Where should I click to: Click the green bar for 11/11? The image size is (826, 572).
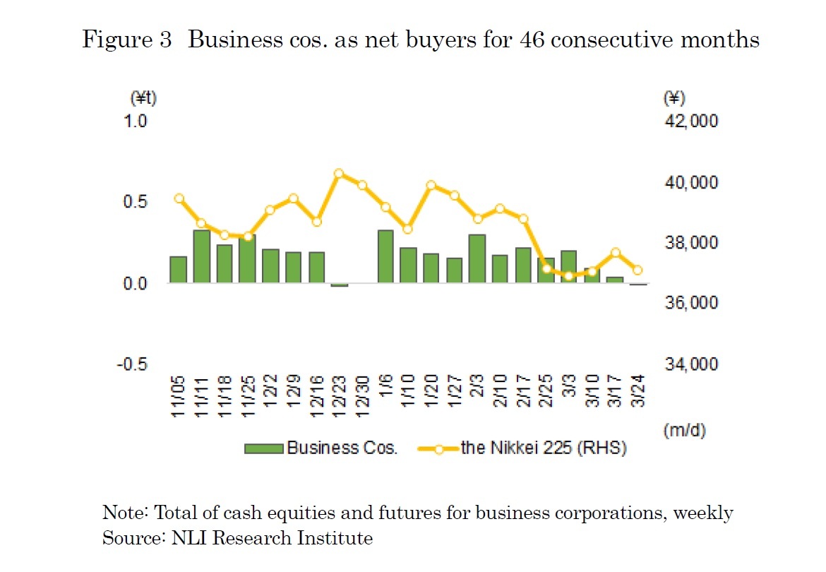pyautogui.click(x=201, y=256)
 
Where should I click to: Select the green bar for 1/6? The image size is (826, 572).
pyautogui.click(x=385, y=256)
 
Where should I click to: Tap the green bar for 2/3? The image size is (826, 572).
pyautogui.click(x=477, y=258)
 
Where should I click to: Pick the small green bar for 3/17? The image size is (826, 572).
pyautogui.click(x=615, y=280)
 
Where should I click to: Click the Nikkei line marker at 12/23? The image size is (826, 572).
pyautogui.click(x=339, y=173)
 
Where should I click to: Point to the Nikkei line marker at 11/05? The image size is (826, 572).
pyautogui.click(x=179, y=198)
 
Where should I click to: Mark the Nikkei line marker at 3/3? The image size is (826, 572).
pyautogui.click(x=568, y=275)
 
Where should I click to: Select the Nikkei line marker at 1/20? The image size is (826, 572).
pyautogui.click(x=431, y=185)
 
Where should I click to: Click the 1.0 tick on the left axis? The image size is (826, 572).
pyautogui.click(x=136, y=121)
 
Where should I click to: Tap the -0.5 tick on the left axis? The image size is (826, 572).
pyautogui.click(x=133, y=364)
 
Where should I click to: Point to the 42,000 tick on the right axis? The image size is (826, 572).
pyautogui.click(x=691, y=121)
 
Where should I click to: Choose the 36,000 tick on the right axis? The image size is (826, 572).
pyautogui.click(x=691, y=303)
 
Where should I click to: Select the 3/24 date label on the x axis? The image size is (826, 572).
pyautogui.click(x=638, y=398)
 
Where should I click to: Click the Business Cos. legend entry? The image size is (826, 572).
pyautogui.click(x=322, y=448)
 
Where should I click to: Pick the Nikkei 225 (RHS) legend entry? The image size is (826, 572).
pyautogui.click(x=522, y=448)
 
